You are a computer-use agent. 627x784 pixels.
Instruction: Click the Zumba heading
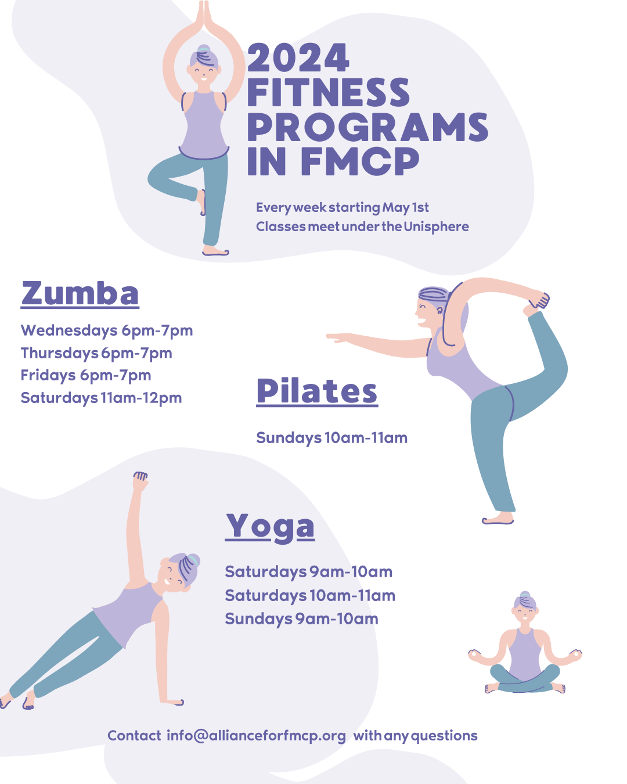click(80, 293)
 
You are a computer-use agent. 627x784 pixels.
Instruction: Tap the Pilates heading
click(317, 391)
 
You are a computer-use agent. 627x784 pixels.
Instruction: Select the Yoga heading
click(270, 526)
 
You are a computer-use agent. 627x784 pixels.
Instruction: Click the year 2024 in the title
click(298, 58)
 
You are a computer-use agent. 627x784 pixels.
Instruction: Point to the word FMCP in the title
click(360, 161)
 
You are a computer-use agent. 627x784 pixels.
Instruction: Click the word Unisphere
click(436, 226)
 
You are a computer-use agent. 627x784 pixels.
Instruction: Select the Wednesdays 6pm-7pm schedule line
click(107, 330)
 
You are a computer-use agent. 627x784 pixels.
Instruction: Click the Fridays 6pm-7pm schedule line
click(86, 375)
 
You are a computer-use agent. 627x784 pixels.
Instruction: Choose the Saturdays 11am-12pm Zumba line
click(101, 398)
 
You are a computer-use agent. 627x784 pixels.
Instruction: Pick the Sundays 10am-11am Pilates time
click(331, 437)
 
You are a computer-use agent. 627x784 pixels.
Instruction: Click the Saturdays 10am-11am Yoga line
click(310, 595)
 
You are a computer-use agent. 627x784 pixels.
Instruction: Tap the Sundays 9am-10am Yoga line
click(301, 618)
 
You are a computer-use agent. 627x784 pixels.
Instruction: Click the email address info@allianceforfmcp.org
click(256, 735)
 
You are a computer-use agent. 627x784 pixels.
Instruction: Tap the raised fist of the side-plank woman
click(140, 480)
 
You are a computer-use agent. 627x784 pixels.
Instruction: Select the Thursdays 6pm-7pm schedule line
click(96, 353)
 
